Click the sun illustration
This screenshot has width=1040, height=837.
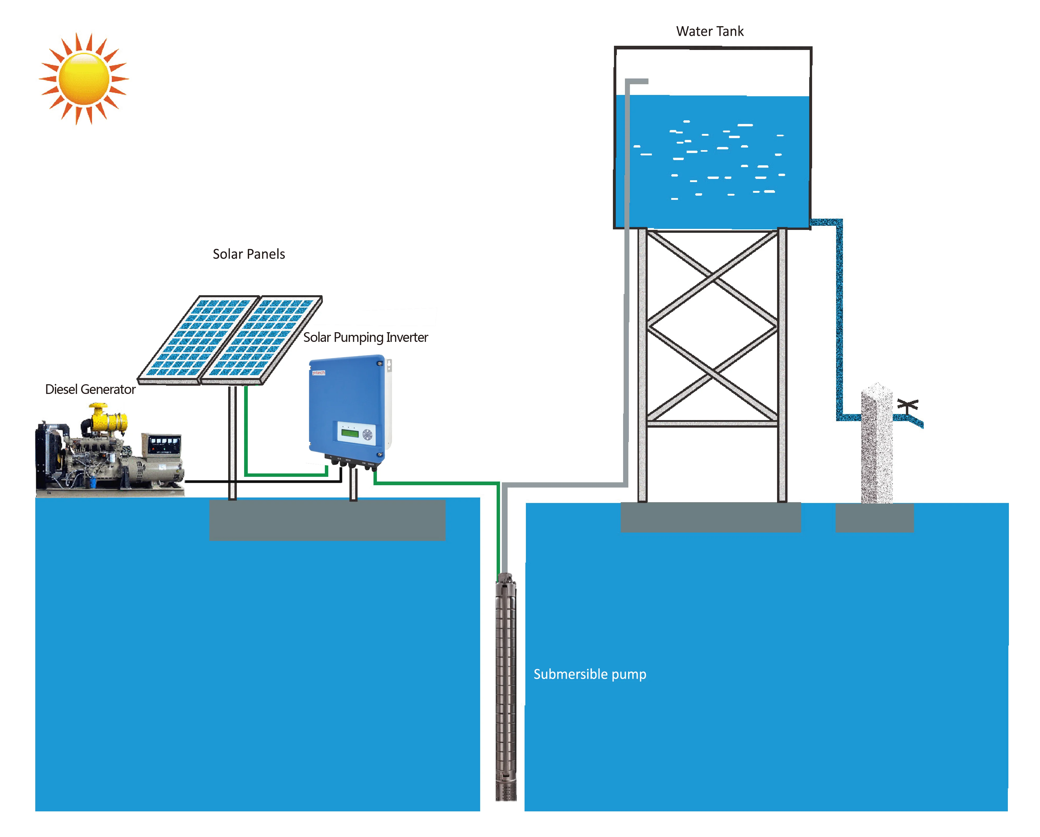[x=84, y=78]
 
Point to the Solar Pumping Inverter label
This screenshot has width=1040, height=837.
[x=365, y=337]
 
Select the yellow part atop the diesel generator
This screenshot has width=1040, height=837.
[x=108, y=420]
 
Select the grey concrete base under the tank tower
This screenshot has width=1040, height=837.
[x=710, y=517]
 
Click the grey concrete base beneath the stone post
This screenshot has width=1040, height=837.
[x=874, y=518]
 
